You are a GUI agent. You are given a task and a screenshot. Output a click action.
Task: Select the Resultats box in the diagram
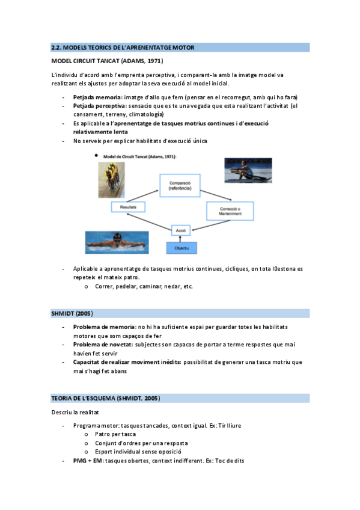click(x=128, y=206)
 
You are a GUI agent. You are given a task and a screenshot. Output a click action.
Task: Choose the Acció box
click(x=180, y=230)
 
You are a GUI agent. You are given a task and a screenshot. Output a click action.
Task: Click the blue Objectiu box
click(x=181, y=247)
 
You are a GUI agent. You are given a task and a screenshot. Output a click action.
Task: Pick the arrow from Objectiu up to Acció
click(x=181, y=238)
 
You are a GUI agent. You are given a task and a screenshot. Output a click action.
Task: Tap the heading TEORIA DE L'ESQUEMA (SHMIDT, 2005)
click(x=105, y=398)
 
